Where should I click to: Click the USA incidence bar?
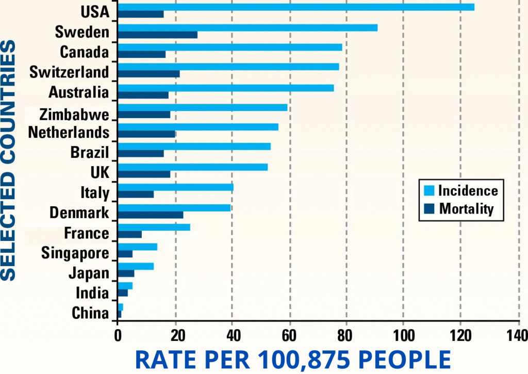296,7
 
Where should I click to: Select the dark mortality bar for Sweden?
157,35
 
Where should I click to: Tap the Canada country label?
85,52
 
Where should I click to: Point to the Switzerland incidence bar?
228,67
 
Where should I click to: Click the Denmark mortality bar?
151,215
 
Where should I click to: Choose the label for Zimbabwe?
74,113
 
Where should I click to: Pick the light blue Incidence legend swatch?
427,190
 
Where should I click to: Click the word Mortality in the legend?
466,209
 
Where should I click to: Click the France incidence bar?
154,227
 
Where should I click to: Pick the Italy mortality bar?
136,194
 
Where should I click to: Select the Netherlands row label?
69,133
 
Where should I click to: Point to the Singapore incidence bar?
138,247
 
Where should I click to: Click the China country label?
90,313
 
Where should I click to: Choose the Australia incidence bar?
226,88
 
